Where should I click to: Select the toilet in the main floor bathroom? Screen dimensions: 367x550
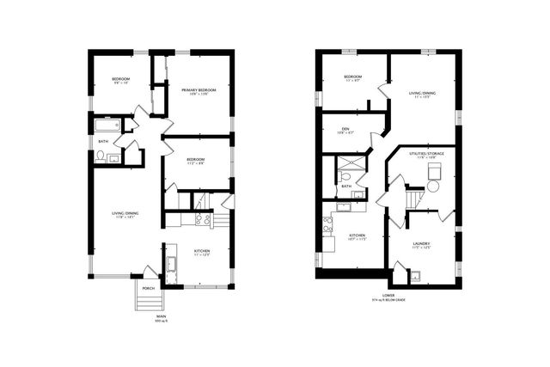(101, 156)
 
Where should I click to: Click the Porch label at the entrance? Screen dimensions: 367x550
(148, 288)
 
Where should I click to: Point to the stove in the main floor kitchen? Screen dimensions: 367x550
(203, 218)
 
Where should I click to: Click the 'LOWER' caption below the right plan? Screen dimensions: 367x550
(388, 295)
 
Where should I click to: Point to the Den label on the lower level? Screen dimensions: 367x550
(344, 129)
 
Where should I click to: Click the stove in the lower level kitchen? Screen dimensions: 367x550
(327, 227)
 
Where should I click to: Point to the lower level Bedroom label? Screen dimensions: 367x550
(353, 77)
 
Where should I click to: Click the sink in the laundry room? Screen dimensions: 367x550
(415, 276)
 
